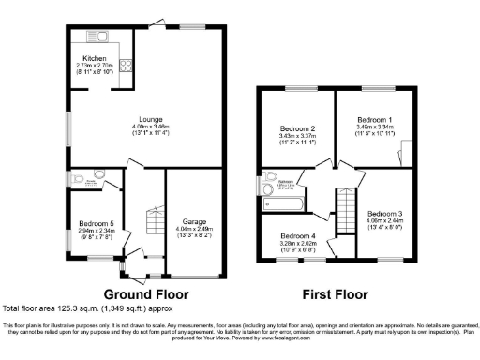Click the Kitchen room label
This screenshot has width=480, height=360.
[x=94, y=59]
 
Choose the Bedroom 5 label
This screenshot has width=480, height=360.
[x=95, y=223]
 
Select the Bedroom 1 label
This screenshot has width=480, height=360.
[x=375, y=121]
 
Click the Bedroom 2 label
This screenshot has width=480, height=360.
[x=297, y=128]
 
